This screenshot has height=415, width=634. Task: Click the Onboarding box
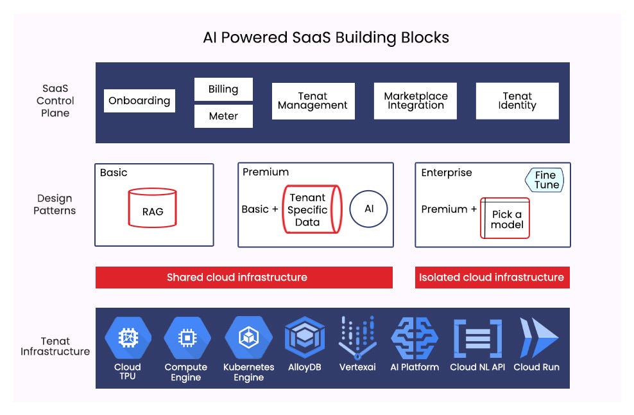point(139,101)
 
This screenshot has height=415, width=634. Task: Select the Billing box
point(223,89)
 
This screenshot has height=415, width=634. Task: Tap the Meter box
point(223,116)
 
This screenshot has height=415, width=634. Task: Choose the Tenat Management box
point(313,101)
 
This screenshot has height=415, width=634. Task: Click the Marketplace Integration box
point(415,101)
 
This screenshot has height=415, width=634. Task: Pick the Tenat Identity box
point(517,101)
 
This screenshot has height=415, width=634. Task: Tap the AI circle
point(368,209)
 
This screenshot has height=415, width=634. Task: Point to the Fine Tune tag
point(545,180)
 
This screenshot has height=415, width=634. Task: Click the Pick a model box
point(505,218)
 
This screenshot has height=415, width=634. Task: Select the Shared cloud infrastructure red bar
point(244,278)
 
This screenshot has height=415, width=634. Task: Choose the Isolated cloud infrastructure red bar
point(492,278)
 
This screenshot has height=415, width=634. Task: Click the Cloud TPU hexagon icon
point(128,338)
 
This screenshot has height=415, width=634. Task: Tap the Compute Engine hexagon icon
point(186,338)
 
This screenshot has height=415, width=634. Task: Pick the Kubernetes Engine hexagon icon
point(248,338)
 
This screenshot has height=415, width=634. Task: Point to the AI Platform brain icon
point(415,338)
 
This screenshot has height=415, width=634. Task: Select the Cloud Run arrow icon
point(538,338)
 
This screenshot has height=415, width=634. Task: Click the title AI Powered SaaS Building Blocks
point(326,38)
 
